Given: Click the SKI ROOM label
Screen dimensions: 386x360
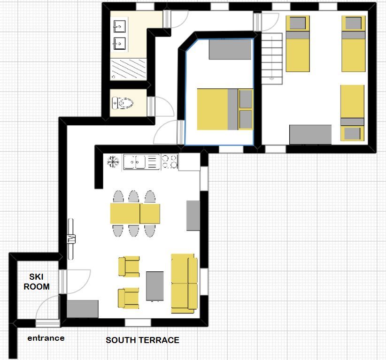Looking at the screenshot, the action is coord(37,282).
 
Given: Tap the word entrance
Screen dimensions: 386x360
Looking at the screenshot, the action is coord(46,338).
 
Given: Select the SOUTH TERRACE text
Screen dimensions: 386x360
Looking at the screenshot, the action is coord(142,340).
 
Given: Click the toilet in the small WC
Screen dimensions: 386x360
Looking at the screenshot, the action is coord(123,103).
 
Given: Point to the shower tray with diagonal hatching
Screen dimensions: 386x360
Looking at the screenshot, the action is coord(128,69).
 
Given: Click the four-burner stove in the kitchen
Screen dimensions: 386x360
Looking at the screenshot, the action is coord(170,161).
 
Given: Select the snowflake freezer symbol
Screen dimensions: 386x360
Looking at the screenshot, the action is coord(113,161).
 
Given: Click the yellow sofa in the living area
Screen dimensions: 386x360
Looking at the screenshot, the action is coord(185,283).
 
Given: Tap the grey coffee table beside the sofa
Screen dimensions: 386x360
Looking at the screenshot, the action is coord(155,286).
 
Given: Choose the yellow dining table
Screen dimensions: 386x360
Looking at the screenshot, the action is coord(135,214).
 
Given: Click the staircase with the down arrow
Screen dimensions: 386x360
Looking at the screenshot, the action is coord(272,59).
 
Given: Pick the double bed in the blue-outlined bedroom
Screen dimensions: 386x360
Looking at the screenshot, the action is coord(225,109).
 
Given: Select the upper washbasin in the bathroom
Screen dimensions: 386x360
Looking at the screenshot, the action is coord(119,26).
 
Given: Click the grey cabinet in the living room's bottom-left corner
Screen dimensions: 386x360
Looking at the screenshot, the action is coord(83,309).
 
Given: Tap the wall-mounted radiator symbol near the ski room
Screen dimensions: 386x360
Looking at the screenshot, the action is coord(71,239).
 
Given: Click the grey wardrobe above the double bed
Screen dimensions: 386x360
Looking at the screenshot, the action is coord(230,49).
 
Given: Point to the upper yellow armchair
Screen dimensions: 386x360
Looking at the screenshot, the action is coord(129,267).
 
